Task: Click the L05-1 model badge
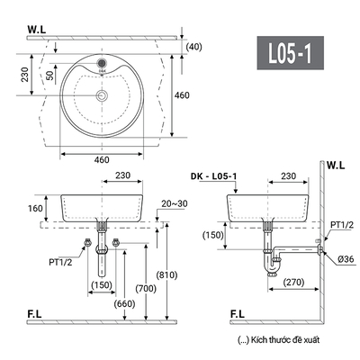(x=290, y=53)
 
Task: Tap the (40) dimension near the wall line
(x=194, y=47)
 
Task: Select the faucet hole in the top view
(x=102, y=63)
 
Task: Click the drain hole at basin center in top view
(x=102, y=95)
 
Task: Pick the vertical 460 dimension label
(x=182, y=95)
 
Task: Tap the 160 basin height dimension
(x=35, y=208)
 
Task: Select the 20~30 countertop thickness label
(x=175, y=203)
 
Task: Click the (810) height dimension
(x=167, y=274)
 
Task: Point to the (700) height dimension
(x=146, y=289)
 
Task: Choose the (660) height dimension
(x=124, y=304)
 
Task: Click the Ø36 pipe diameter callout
(x=346, y=259)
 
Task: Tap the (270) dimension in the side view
(x=293, y=282)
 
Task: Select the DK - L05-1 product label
(x=213, y=176)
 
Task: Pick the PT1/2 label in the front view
(x=60, y=262)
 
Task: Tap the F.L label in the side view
(x=238, y=314)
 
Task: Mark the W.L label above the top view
(x=37, y=30)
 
